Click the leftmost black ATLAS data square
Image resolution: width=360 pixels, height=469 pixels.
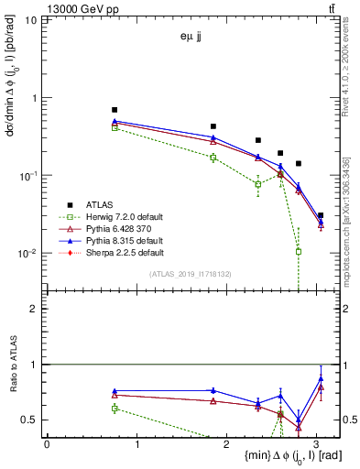pyautogui.click(x=115, y=110)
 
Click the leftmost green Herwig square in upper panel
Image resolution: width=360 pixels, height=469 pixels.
pyautogui.click(x=115, y=127)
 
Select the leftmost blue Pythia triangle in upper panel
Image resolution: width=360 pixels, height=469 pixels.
pyautogui.click(x=115, y=121)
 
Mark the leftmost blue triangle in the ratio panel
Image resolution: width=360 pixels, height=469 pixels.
pyautogui.click(x=115, y=391)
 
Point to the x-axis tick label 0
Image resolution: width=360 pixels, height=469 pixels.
pyautogui.click(x=47, y=444)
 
